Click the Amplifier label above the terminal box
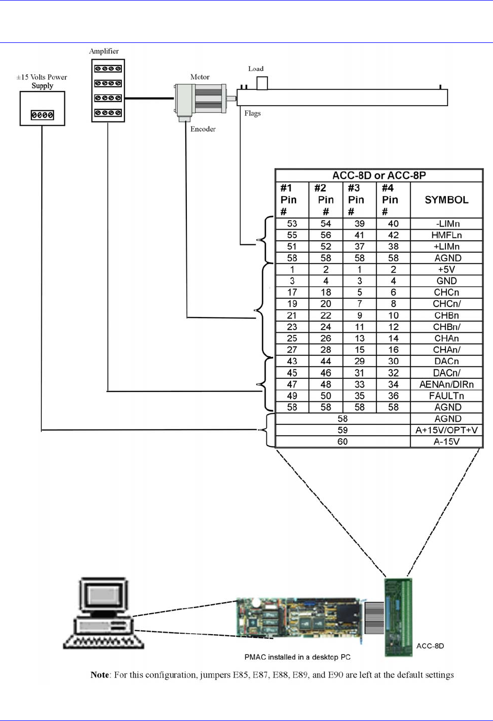104,51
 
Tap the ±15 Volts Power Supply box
42,108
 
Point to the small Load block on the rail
262,83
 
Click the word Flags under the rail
252,114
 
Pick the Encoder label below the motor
203,129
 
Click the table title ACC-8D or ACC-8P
379,175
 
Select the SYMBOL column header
446,200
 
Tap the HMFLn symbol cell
446,235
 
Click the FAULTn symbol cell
446,396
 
